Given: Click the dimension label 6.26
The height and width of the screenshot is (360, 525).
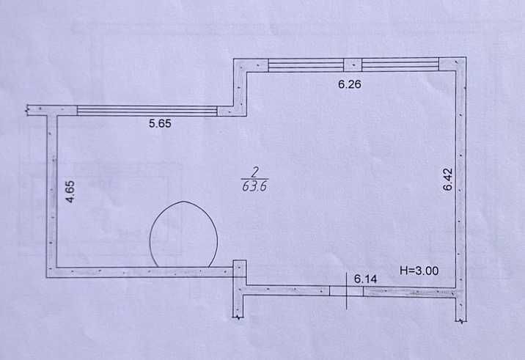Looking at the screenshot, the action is click(350, 84).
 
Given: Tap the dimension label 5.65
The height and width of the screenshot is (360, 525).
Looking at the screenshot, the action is click(160, 124).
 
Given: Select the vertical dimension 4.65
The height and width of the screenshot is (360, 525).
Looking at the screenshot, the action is click(70, 191).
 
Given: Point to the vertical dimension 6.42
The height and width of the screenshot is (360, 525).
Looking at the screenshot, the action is click(448, 180).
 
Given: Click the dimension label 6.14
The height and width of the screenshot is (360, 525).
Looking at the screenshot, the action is click(365, 279).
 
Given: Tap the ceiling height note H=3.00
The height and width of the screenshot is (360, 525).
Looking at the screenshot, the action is click(419, 271).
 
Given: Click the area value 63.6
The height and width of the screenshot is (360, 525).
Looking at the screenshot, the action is click(254, 186).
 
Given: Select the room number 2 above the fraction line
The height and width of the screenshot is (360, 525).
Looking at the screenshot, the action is click(254, 172).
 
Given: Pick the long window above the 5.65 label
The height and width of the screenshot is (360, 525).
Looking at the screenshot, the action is click(147, 111).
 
